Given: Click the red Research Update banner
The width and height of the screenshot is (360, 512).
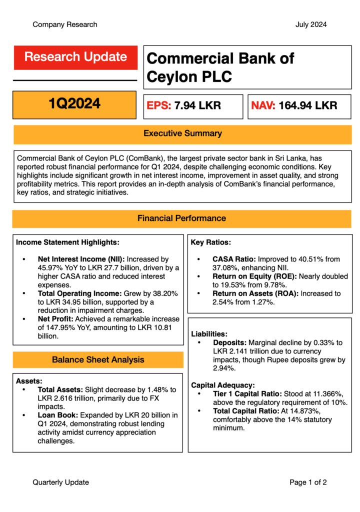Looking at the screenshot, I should pos(75,57).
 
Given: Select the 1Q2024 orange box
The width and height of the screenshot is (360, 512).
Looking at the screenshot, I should pos(74,104).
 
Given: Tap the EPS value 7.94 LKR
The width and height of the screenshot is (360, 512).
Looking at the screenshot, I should pos(197,105).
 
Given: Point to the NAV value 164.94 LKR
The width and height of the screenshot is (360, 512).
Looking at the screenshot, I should pos(308,105).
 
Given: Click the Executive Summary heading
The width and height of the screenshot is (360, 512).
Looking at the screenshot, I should pos(182,133).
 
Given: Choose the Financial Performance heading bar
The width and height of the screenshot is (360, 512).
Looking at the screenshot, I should pos(181,218).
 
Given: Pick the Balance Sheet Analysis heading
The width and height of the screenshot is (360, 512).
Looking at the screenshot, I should pos(98,359).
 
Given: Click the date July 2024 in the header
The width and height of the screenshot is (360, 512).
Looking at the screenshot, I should pos(311,24).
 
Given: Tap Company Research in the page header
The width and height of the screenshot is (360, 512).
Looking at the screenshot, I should pos(65,24).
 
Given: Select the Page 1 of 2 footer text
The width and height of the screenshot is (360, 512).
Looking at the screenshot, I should pos(308,482).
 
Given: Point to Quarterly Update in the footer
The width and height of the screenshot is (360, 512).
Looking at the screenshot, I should pos(60,482).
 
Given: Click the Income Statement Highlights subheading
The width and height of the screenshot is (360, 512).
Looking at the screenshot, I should pos(68,242).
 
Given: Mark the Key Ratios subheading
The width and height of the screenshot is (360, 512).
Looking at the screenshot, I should pos(211,242).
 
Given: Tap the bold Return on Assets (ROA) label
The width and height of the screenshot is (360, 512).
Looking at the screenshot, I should pos(255,293).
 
